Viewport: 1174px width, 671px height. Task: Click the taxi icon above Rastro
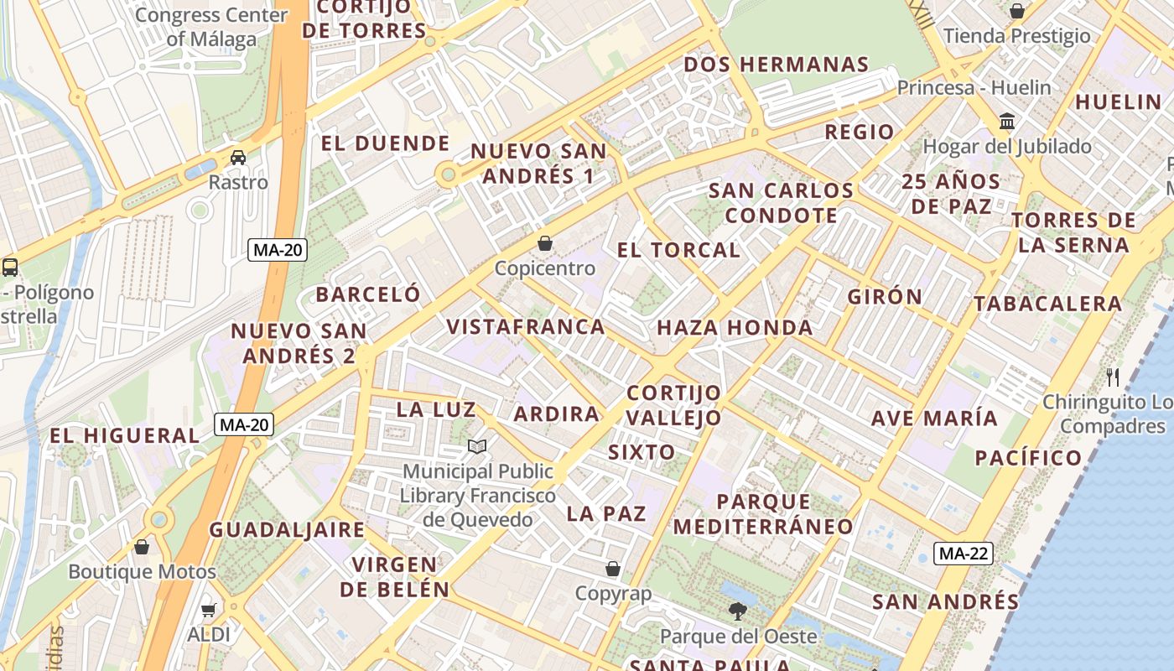238,158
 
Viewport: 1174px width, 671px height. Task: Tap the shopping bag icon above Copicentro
545,243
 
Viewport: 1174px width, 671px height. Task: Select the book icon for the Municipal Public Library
477,447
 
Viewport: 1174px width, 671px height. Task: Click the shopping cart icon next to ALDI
208,610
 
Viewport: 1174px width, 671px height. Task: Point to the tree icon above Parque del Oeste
738,611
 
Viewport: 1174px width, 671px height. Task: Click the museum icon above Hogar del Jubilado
1007,122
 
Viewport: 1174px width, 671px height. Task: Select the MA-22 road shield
964,554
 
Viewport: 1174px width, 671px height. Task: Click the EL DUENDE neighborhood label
386,143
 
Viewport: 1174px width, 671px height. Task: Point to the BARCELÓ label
368,294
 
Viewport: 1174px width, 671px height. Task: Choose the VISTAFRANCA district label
526,327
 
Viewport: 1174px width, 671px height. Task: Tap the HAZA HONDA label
735,328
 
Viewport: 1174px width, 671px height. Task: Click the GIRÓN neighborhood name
885,297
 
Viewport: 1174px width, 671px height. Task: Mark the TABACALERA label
1047,304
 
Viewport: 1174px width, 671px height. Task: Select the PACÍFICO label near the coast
1028,458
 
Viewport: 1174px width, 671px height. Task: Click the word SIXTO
642,453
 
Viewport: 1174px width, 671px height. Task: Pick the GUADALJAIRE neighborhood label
287,530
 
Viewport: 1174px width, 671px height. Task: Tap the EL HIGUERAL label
124,436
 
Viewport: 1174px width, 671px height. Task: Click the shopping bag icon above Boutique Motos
142,547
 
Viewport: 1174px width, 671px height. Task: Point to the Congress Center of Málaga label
211,27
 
